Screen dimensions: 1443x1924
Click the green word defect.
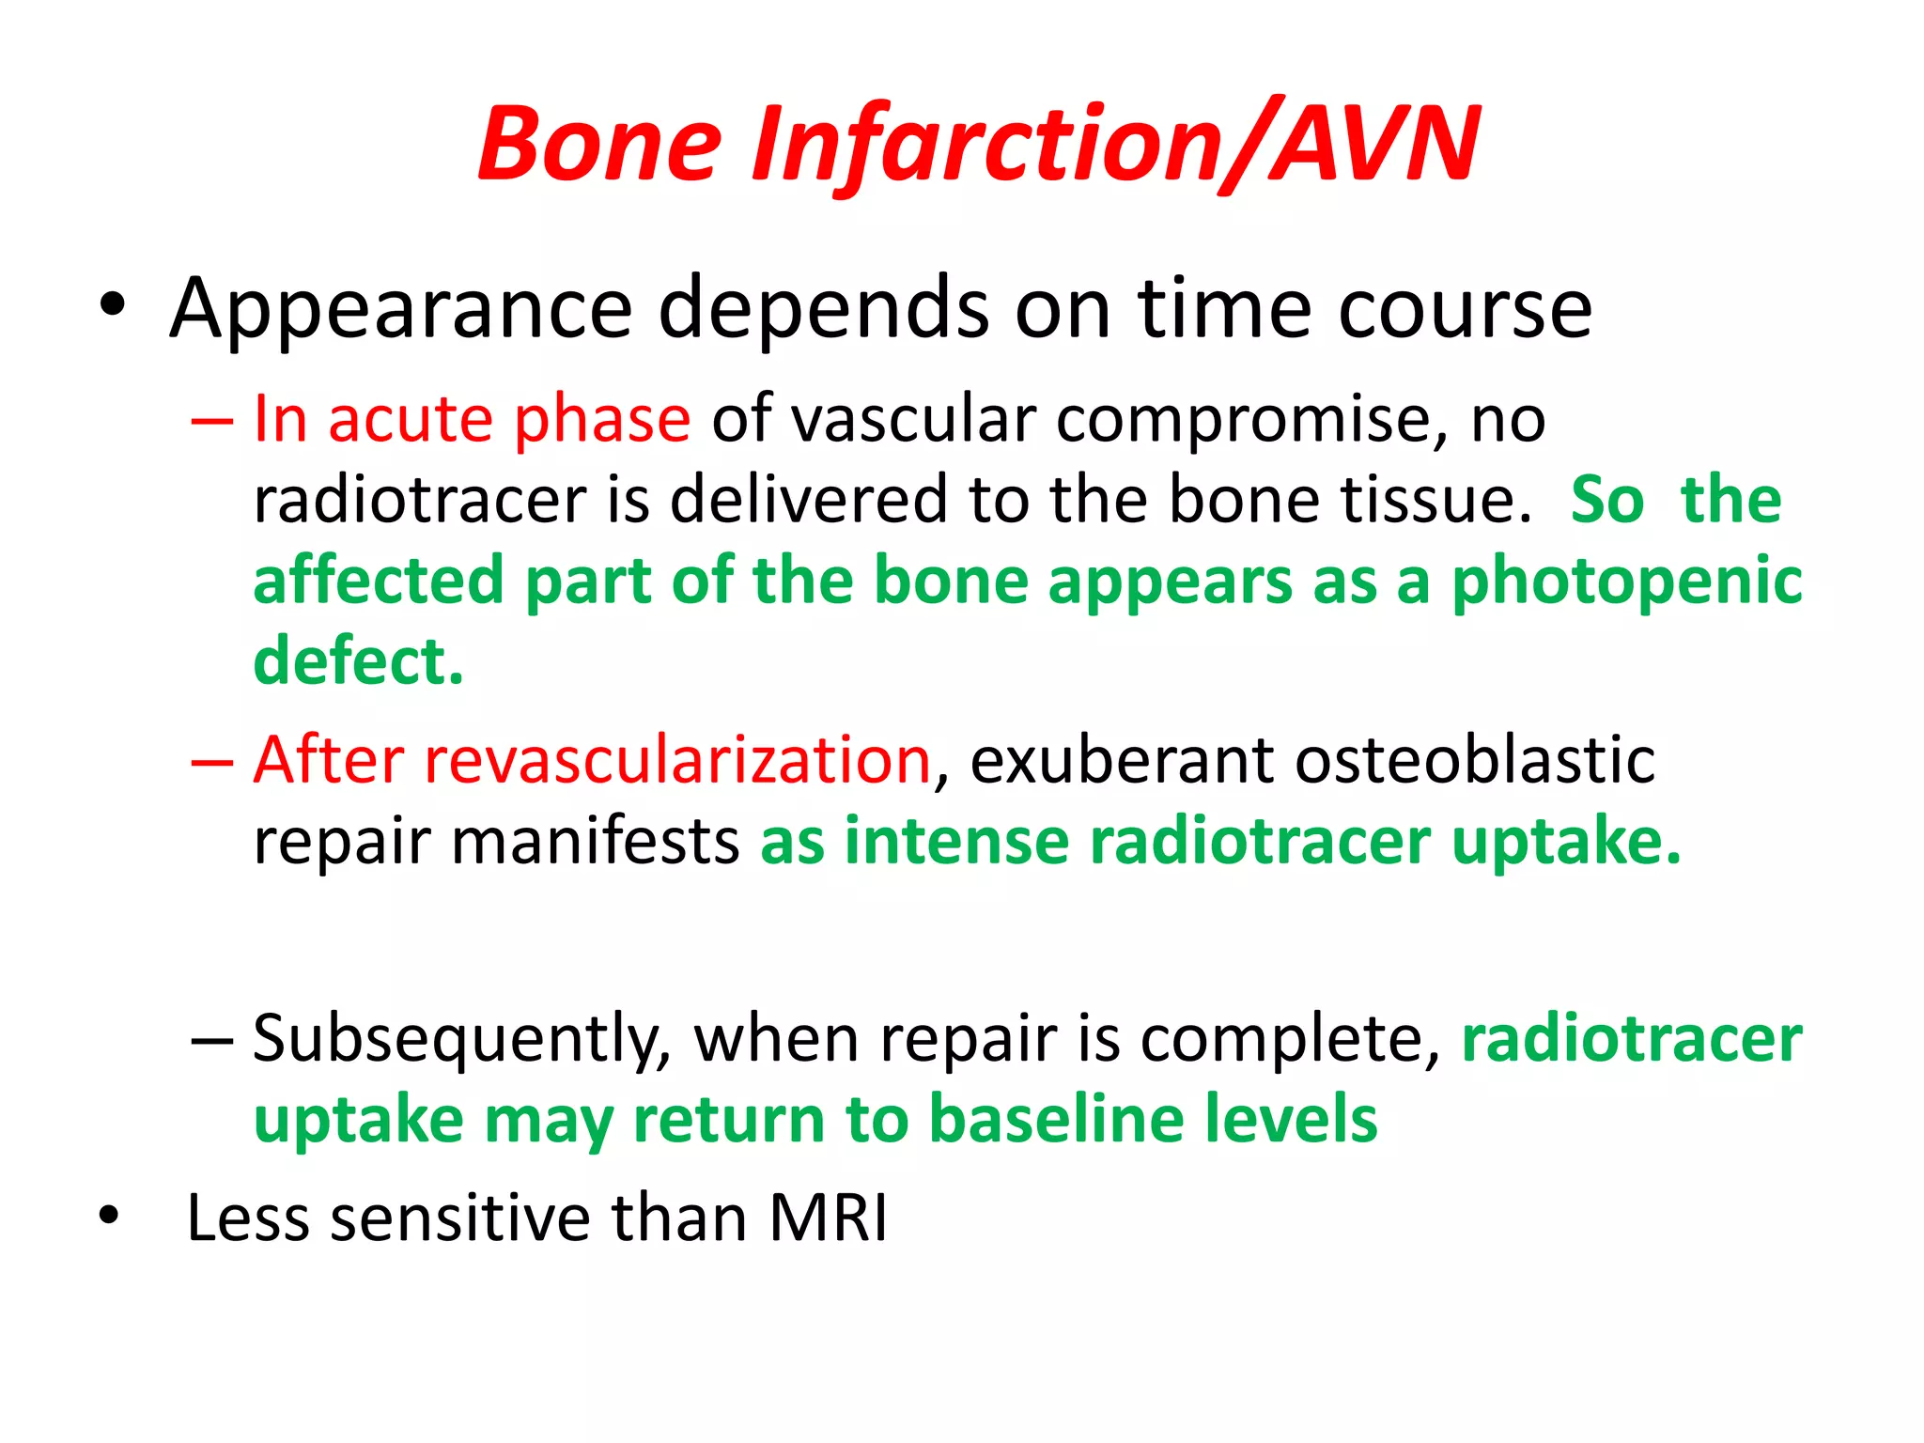358,661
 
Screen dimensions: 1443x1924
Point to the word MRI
828,1218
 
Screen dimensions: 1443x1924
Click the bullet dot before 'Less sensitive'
109,1216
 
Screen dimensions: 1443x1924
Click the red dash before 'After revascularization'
211,762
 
